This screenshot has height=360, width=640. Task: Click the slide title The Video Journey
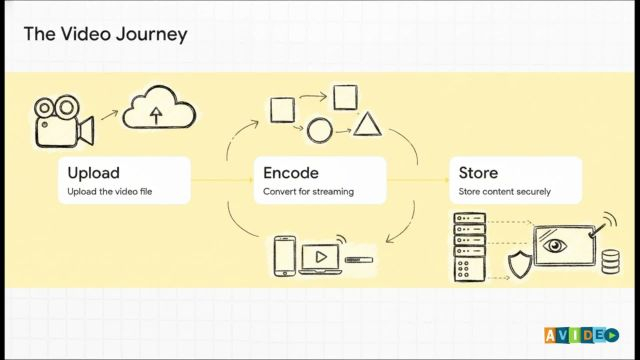pyautogui.click(x=106, y=34)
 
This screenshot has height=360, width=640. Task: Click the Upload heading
pyautogui.click(x=93, y=173)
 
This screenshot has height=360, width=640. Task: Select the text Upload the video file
pyautogui.click(x=109, y=191)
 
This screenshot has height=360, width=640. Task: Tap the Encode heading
pyautogui.click(x=291, y=173)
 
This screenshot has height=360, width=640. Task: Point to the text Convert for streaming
pyautogui.click(x=308, y=191)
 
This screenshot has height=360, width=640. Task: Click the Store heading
pyautogui.click(x=478, y=173)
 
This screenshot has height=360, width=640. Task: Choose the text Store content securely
pyautogui.click(x=504, y=191)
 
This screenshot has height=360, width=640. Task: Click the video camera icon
pyautogui.click(x=64, y=121)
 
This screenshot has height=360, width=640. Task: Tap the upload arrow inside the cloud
pyautogui.click(x=156, y=115)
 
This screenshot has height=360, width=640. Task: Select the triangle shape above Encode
pyautogui.click(x=367, y=124)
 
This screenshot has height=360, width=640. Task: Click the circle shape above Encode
pyautogui.click(x=319, y=131)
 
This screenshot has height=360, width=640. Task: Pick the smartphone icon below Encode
pyautogui.click(x=284, y=256)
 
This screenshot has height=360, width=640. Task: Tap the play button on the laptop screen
pyautogui.click(x=321, y=257)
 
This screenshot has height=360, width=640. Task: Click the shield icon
pyautogui.click(x=520, y=265)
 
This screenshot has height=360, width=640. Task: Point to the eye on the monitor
pyautogui.click(x=554, y=245)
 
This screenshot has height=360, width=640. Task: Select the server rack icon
pyautogui.click(x=470, y=247)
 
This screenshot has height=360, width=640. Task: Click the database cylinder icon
pyautogui.click(x=611, y=262)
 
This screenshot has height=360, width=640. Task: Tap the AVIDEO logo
pyautogui.click(x=581, y=335)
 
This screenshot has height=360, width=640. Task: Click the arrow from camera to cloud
pyautogui.click(x=109, y=115)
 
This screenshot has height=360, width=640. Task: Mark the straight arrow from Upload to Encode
pyautogui.click(x=222, y=180)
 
